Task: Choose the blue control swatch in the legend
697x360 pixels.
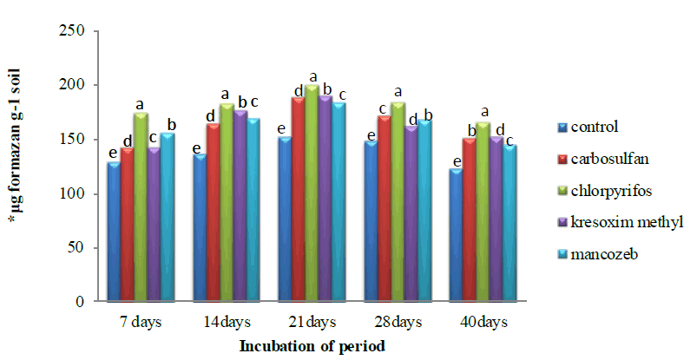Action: click(x=562, y=127)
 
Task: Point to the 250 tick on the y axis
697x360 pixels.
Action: click(x=77, y=31)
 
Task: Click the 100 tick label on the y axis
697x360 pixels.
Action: click(x=77, y=193)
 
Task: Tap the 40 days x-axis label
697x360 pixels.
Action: click(x=483, y=322)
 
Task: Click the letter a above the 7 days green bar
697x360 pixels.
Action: click(x=140, y=105)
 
